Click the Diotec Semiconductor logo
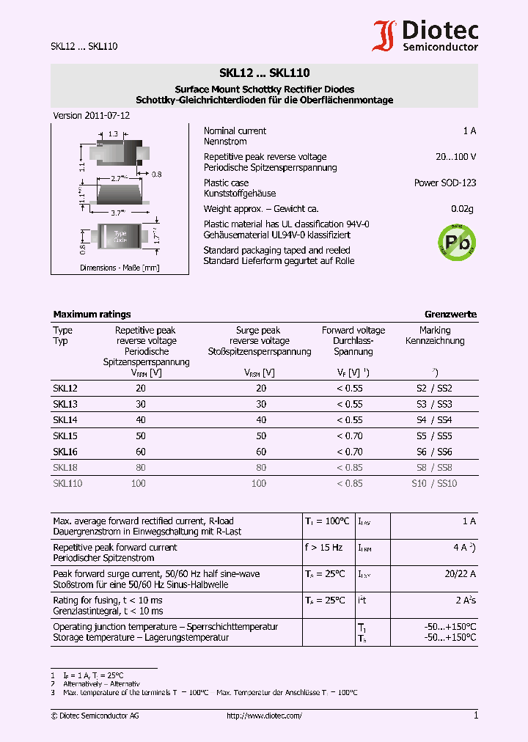(x=425, y=36)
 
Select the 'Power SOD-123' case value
(x=444, y=183)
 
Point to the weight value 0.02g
(x=462, y=209)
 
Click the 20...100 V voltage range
(x=455, y=157)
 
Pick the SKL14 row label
(x=65, y=420)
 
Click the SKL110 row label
(x=67, y=484)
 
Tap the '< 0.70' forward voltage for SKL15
(x=349, y=436)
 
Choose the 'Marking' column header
(x=435, y=331)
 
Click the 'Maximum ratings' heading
(x=92, y=315)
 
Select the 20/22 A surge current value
(x=460, y=574)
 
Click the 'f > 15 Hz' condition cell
(x=323, y=548)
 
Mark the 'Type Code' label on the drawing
(x=120, y=237)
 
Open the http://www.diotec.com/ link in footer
(x=264, y=716)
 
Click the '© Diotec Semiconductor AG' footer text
(x=94, y=716)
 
